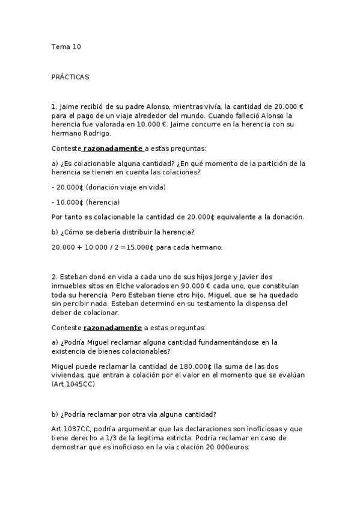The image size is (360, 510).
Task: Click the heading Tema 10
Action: click(x=66, y=47)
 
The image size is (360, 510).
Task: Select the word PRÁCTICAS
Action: click(x=70, y=78)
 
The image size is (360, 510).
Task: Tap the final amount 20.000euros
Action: click(x=227, y=447)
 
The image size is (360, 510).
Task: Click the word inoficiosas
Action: click(x=255, y=429)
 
